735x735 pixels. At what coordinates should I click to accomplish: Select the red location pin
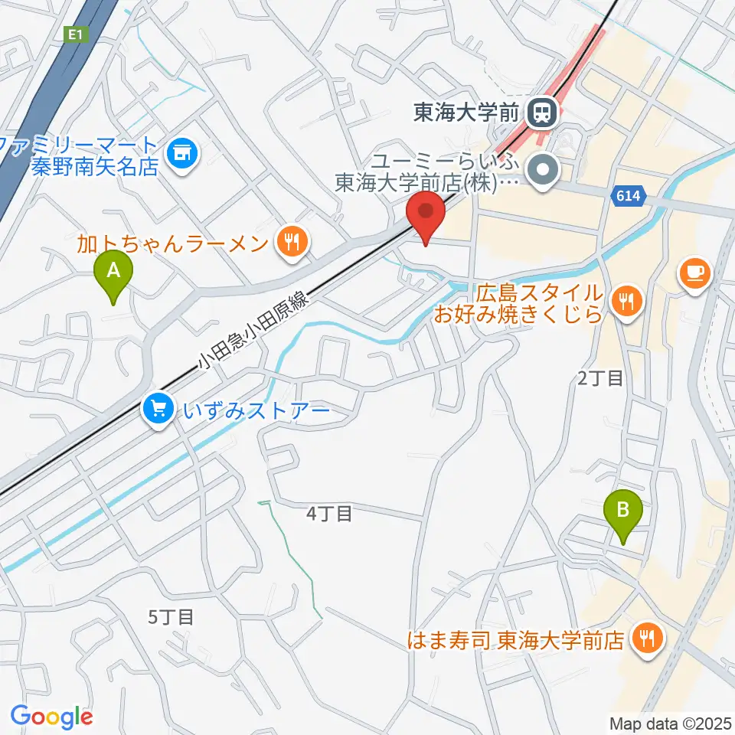[429, 214]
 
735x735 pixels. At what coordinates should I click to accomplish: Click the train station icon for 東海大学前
[542, 113]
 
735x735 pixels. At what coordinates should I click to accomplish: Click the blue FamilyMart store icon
[182, 154]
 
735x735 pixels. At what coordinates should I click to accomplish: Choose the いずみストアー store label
[256, 411]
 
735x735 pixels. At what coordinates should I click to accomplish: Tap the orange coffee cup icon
[694, 274]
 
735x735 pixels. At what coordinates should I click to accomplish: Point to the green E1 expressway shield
[74, 34]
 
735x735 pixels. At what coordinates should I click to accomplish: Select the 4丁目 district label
[329, 514]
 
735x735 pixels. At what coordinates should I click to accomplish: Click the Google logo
[51, 716]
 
